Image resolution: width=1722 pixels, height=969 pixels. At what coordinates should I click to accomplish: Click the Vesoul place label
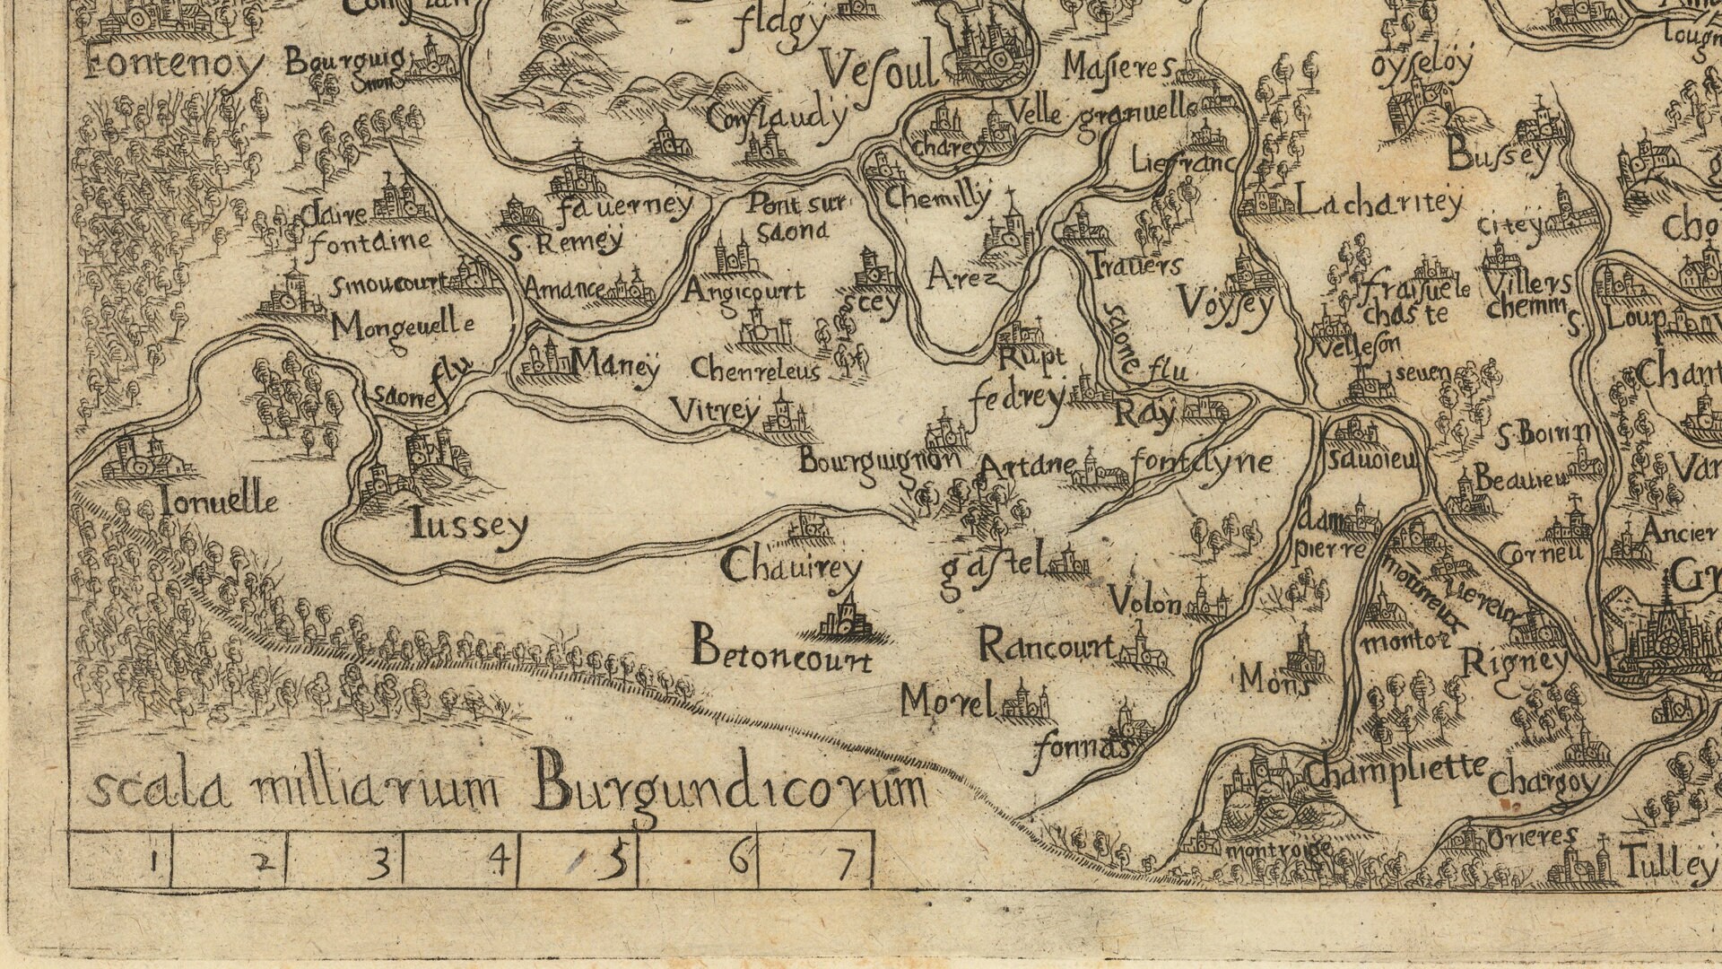click(879, 67)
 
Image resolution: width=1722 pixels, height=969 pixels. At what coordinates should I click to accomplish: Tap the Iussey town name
click(468, 526)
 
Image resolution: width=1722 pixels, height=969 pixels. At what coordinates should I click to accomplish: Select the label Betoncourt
click(780, 650)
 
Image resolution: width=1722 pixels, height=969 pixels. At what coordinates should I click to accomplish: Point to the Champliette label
click(1396, 770)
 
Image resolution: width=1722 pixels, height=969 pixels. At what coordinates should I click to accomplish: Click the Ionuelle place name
click(219, 501)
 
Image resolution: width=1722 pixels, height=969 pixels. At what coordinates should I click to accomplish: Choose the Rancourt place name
click(1046, 645)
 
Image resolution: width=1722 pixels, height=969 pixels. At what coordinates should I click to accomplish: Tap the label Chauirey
click(791, 567)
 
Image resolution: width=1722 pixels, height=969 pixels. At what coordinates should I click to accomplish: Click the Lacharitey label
click(1379, 204)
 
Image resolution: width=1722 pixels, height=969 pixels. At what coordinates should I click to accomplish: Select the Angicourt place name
click(744, 291)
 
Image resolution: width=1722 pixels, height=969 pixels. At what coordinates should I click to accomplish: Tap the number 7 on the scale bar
click(845, 863)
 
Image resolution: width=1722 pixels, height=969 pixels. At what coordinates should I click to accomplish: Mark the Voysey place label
click(1225, 303)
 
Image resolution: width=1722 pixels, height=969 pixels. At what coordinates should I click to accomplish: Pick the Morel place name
click(948, 700)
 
